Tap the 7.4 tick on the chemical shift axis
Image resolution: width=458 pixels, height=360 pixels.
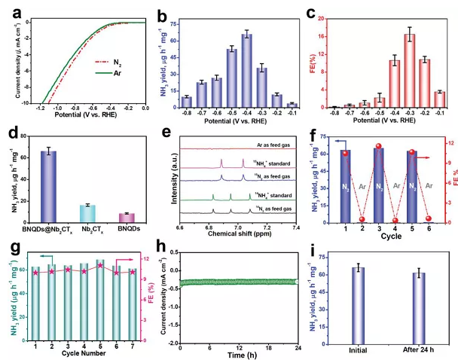click(297, 227)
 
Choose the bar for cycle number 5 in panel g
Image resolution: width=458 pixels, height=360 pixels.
click(100, 299)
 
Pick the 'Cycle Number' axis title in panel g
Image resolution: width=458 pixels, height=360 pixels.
click(79, 355)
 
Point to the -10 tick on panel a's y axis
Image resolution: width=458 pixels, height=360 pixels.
click(26, 103)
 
